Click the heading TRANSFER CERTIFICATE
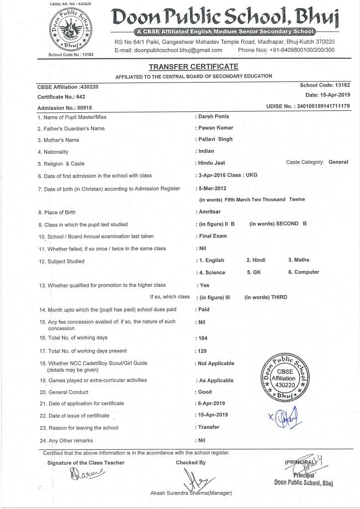193,67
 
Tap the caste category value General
338,162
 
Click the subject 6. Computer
303,272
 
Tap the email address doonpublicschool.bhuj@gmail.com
168,50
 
